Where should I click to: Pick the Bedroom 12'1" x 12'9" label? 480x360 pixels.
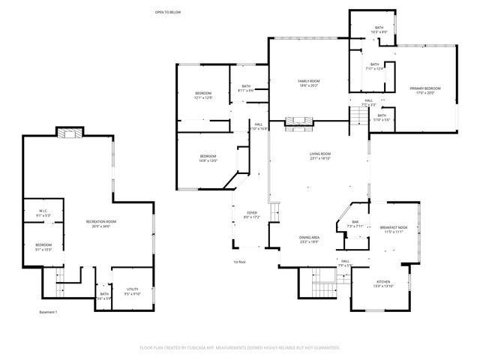(x=204, y=95)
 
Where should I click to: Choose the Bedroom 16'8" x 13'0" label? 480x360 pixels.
(x=208, y=158)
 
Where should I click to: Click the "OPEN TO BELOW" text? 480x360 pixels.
(x=168, y=12)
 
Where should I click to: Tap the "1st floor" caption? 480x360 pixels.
(x=239, y=262)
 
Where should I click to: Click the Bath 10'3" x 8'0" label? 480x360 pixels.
(x=379, y=29)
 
